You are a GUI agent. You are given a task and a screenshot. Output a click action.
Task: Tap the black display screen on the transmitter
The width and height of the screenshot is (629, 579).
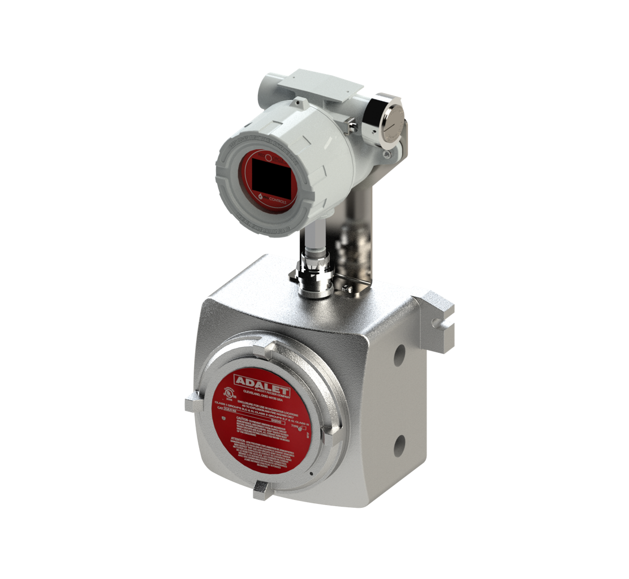[269, 174]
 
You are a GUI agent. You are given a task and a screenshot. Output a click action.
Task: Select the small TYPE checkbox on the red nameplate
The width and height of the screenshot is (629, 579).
[304, 428]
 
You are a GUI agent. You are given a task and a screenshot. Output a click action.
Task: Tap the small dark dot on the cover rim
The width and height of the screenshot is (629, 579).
[311, 473]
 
